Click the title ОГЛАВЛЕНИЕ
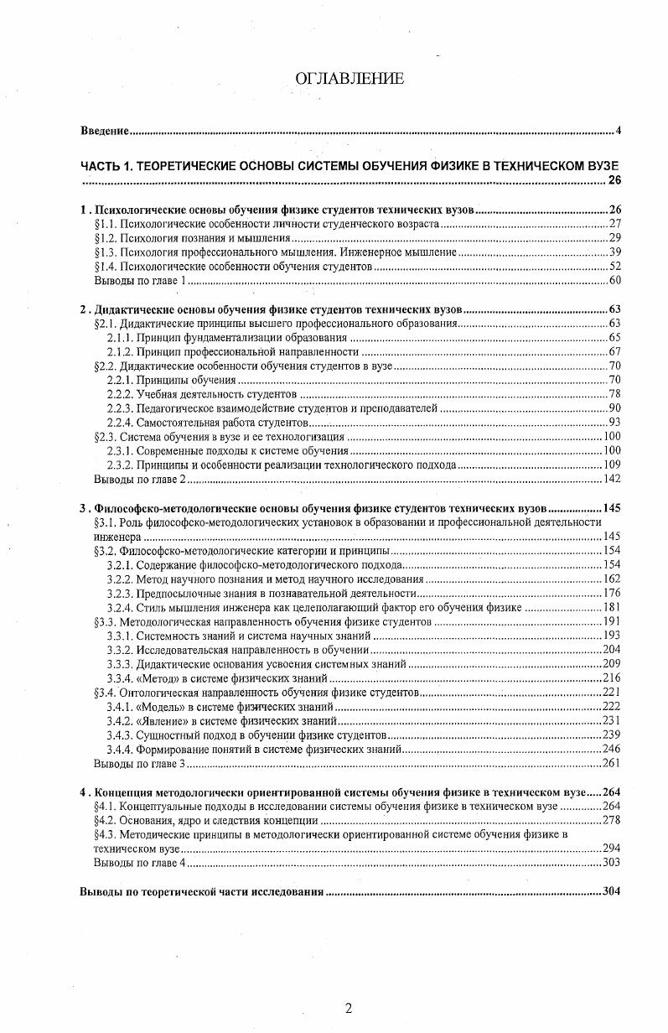[350, 78]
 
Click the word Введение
[104, 131]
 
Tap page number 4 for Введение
[618, 131]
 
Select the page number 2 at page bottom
[348, 1008]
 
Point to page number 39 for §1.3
[614, 252]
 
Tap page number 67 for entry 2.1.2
[614, 351]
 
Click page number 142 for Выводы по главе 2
[611, 479]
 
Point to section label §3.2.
[106, 551]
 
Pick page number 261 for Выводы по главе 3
[611, 764]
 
